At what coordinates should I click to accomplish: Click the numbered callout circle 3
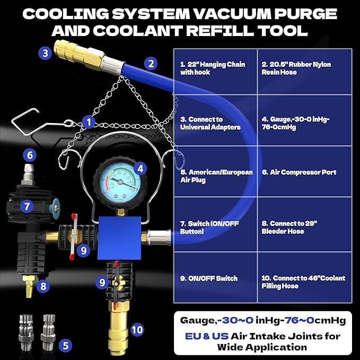(45, 53)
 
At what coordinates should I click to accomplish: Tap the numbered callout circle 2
(151, 64)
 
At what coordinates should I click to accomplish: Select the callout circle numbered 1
(89, 122)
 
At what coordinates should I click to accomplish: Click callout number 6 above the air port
(30, 155)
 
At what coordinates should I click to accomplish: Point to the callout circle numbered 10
(137, 330)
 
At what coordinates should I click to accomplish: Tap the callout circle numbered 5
(66, 346)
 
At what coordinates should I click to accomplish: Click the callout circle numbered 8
(43, 286)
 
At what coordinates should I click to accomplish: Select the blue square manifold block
(119, 238)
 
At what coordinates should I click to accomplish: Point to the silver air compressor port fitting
(28, 175)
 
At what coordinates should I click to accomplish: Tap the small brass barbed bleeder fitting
(29, 286)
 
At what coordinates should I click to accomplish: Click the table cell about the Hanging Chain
(215, 72)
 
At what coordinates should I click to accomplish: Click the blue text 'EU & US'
(206, 336)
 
